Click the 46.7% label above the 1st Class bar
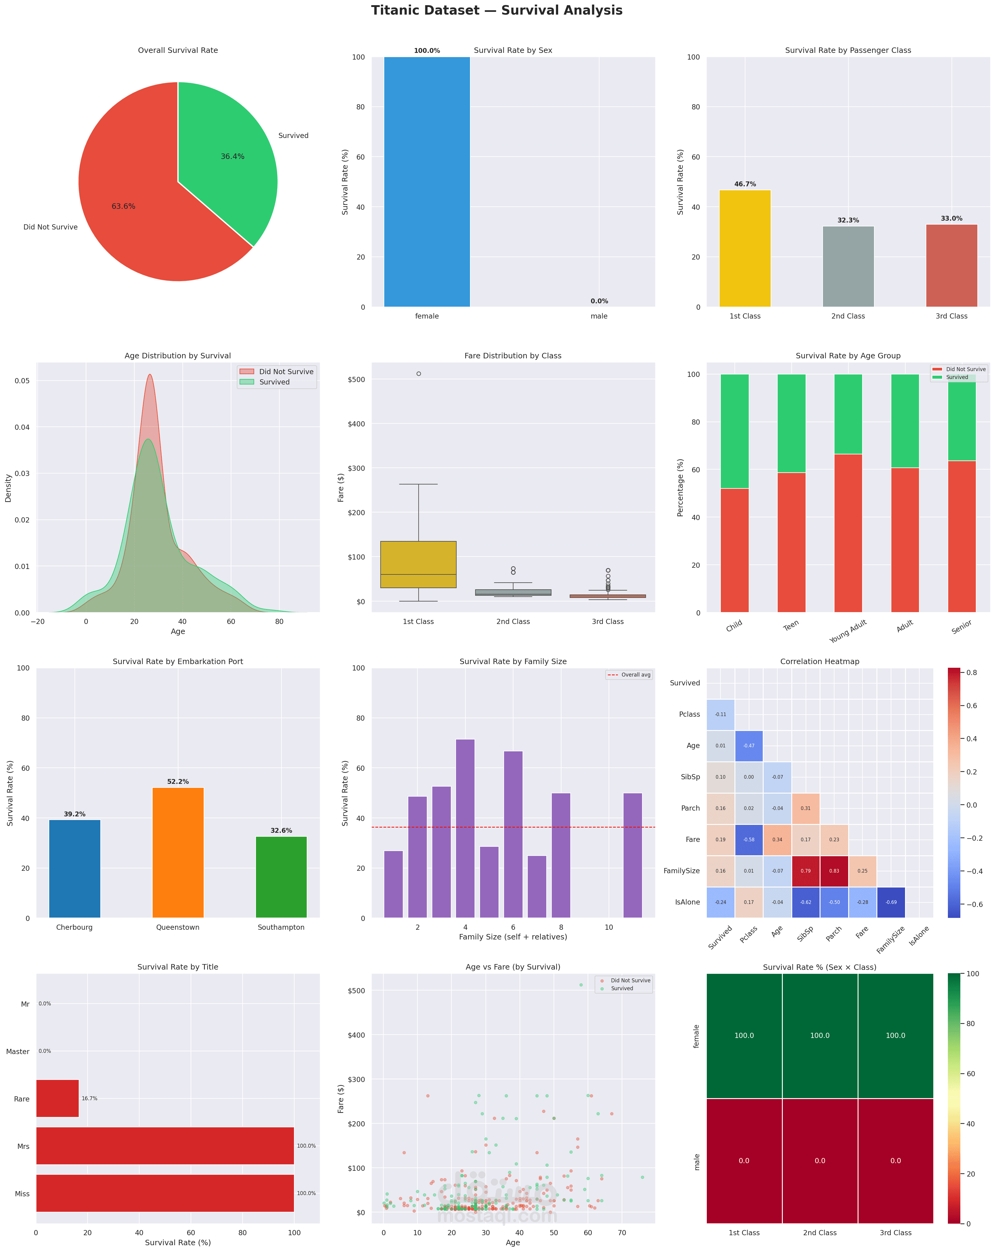click(745, 184)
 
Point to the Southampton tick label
click(281, 927)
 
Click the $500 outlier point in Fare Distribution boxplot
click(419, 374)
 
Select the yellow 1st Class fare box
click(419, 564)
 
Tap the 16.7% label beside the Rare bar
click(89, 1098)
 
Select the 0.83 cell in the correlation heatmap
click(834, 871)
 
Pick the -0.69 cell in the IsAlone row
click(890, 902)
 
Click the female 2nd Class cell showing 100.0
click(820, 1036)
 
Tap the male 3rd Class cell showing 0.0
click(895, 1160)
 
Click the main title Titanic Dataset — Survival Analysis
click(497, 10)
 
